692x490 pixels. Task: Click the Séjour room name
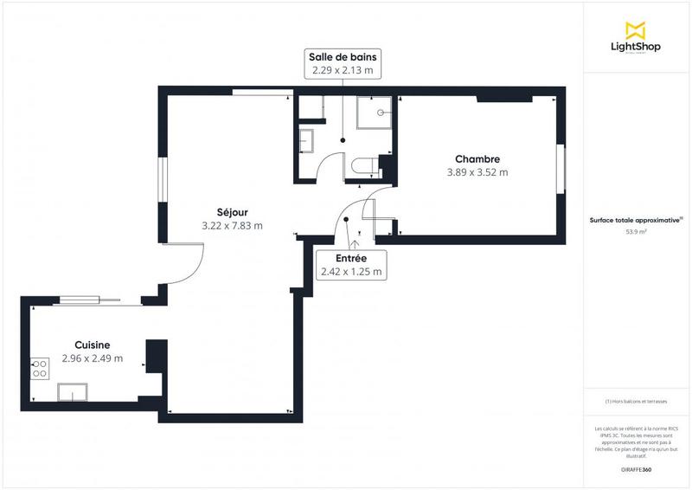click(x=232, y=211)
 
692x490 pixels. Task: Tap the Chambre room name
click(x=477, y=158)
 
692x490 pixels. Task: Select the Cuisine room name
click(x=92, y=345)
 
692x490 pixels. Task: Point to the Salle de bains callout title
click(x=343, y=57)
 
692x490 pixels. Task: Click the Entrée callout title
click(x=351, y=258)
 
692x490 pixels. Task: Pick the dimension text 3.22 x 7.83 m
click(x=232, y=225)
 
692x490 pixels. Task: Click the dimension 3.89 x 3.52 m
click(x=477, y=172)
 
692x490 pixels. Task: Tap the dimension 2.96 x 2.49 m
click(x=92, y=358)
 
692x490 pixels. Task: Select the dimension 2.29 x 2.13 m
click(x=343, y=71)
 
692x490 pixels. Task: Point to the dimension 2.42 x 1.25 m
click(x=351, y=272)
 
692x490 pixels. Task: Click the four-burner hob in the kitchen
click(x=40, y=370)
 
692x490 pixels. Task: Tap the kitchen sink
click(x=73, y=392)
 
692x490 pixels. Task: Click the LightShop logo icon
click(x=637, y=30)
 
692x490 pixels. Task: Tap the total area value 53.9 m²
click(x=637, y=232)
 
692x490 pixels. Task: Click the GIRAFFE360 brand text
click(x=636, y=468)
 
